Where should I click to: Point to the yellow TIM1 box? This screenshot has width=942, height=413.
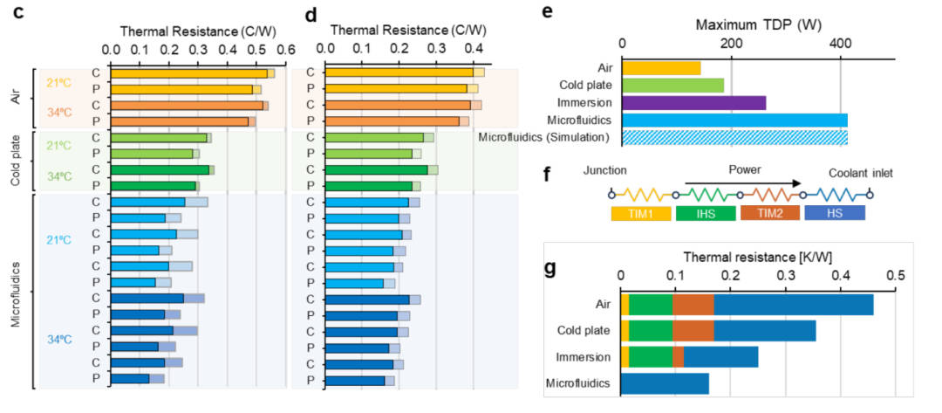tap(640, 212)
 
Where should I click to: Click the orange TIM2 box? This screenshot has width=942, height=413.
tap(769, 212)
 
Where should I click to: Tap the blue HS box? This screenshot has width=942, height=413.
tap(835, 212)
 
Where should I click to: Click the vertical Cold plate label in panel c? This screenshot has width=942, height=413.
tap(17, 161)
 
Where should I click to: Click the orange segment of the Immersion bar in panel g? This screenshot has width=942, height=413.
tap(678, 356)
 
